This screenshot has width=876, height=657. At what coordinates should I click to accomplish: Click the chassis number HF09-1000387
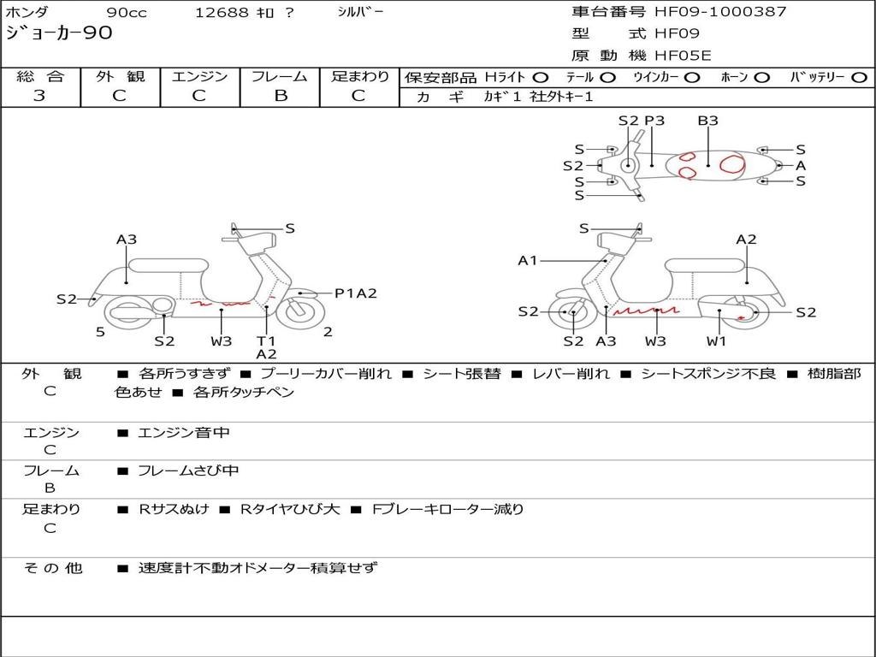click(x=720, y=12)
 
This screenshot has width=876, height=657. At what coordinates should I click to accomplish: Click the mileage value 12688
click(x=222, y=13)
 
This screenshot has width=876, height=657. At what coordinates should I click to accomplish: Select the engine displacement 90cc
click(x=125, y=13)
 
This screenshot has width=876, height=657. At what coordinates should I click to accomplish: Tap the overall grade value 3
click(x=39, y=96)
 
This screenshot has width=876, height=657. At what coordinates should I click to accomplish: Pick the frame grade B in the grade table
click(x=280, y=96)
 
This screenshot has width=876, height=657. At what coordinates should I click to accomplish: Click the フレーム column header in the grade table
click(x=280, y=76)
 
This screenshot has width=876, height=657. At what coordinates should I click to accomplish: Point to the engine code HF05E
click(x=683, y=56)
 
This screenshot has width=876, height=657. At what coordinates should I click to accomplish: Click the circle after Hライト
click(x=541, y=77)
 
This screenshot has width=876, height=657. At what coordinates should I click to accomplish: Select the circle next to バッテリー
click(x=860, y=77)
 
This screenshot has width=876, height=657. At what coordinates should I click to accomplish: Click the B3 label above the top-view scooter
click(x=707, y=121)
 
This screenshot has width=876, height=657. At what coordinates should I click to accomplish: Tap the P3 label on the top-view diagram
click(x=654, y=121)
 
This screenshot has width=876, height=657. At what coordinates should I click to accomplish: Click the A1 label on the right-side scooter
click(x=528, y=260)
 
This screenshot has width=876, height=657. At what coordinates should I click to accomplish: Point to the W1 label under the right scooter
click(x=716, y=341)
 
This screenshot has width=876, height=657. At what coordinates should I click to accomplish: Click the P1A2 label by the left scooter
click(x=355, y=293)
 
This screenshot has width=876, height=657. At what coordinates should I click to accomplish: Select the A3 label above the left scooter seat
click(x=127, y=240)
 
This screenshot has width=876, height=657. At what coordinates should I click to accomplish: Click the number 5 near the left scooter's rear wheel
click(x=100, y=332)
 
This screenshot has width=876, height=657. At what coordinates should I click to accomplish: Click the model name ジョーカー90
click(x=59, y=33)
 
